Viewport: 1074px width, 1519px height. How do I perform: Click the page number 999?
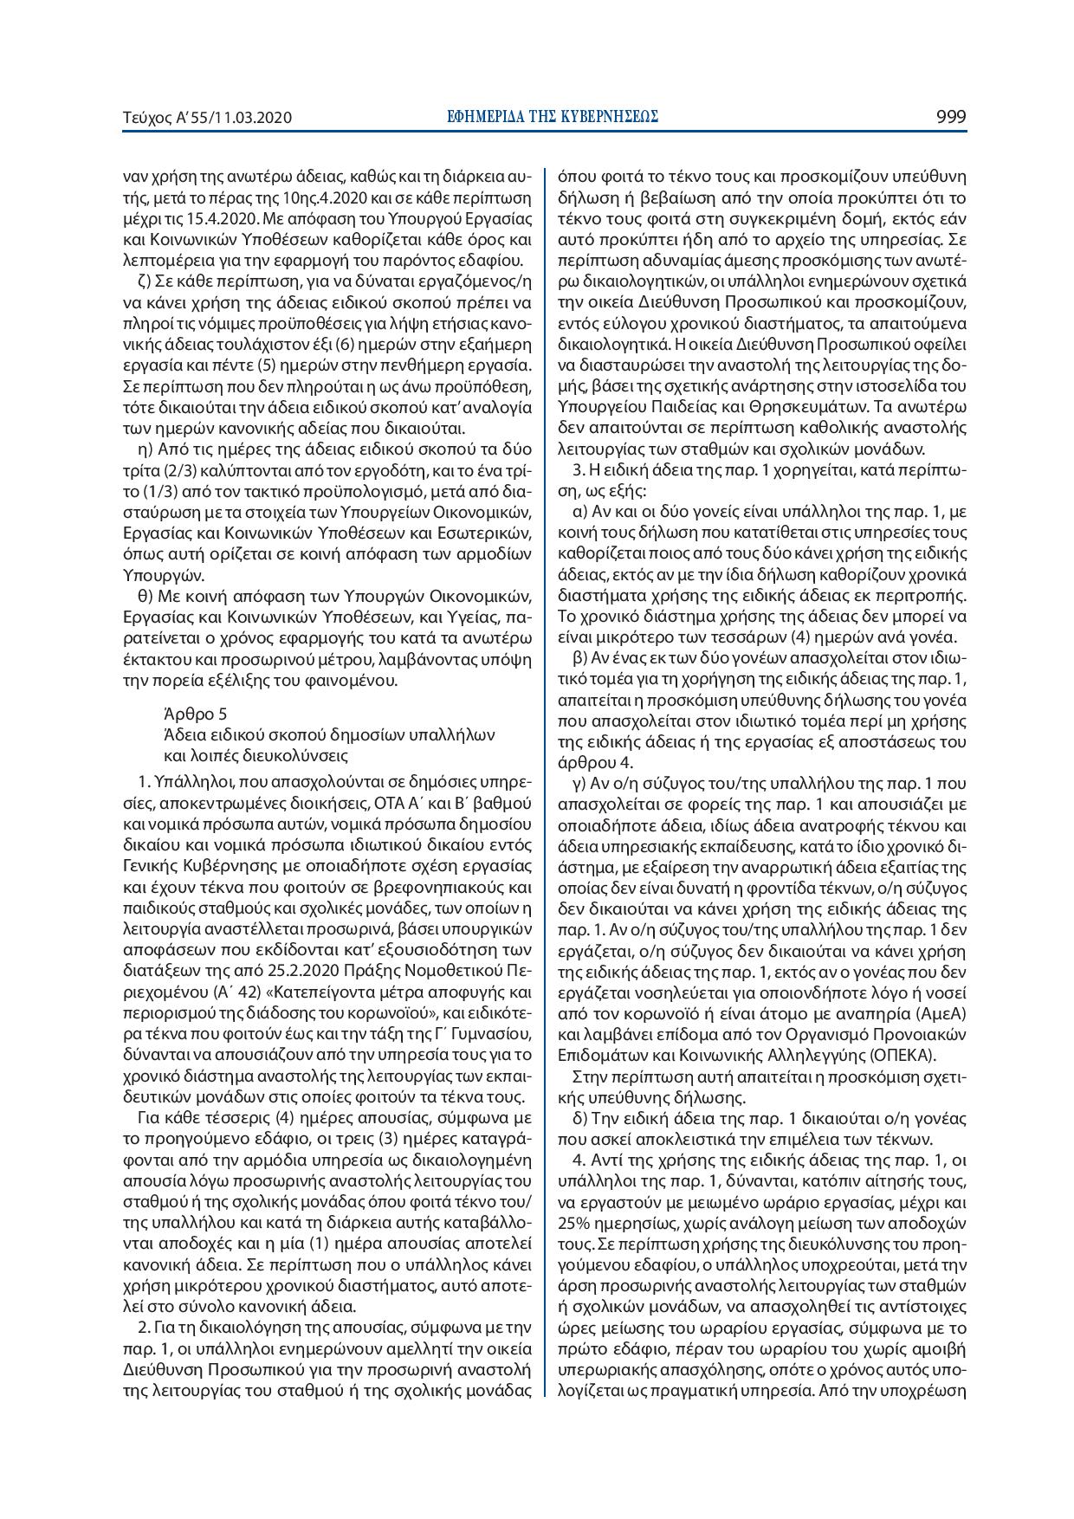tap(951, 117)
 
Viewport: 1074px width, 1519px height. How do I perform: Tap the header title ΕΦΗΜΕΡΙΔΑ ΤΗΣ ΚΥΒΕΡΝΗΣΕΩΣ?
tap(552, 117)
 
